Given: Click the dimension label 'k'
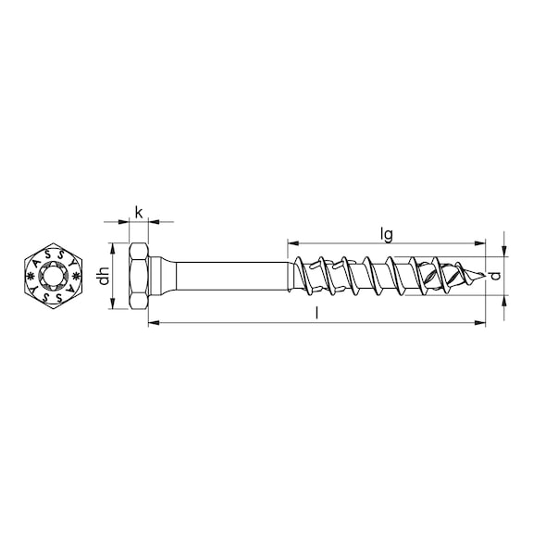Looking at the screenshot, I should point(139,212).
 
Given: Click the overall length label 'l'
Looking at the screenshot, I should point(317,315).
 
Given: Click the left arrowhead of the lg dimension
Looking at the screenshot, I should point(292,244).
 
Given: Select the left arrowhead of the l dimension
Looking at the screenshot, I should point(153,323).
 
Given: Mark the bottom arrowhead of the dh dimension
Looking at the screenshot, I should point(114,304).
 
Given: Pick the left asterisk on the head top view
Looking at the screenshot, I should point(33,276).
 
